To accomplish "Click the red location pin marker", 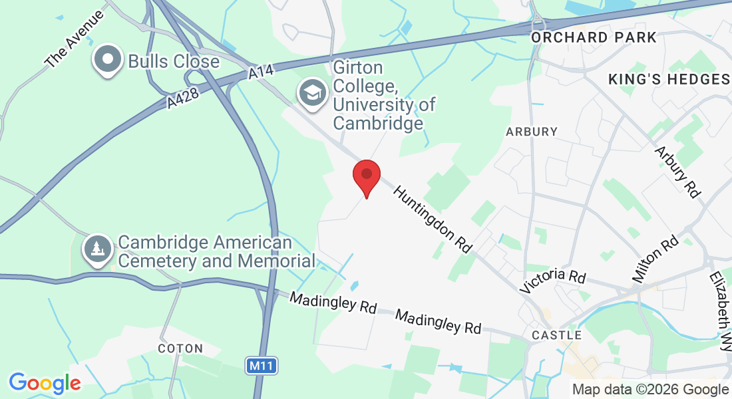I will [366, 176].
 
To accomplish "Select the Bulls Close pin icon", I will [107, 61].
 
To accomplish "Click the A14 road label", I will [262, 72].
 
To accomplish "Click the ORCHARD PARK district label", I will [594, 37].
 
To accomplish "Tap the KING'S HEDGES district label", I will [669, 80].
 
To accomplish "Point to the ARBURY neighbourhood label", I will [531, 132].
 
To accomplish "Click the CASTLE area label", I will [557, 335].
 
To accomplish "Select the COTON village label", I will [180, 348].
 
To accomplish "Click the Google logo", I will [45, 383].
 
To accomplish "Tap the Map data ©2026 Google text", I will [650, 390].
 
